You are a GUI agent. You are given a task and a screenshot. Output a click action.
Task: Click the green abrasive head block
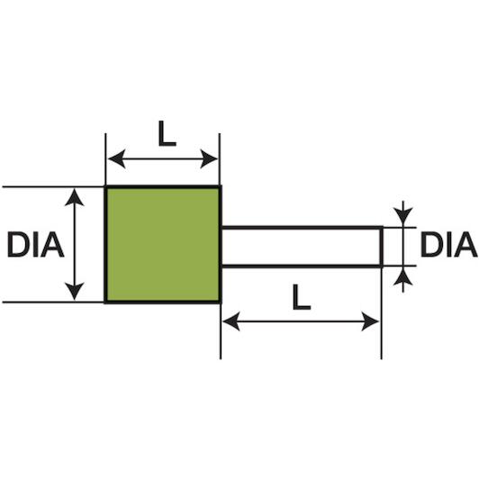[x=163, y=244]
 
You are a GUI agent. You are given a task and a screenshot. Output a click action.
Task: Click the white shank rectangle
[x=302, y=247]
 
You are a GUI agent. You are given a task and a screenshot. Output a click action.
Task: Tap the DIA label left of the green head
[x=36, y=244]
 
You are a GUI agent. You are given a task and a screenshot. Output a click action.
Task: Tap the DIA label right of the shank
[x=448, y=244]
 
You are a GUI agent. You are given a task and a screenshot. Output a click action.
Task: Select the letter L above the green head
[x=167, y=133]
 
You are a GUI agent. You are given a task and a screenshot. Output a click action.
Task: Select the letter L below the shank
[x=302, y=297]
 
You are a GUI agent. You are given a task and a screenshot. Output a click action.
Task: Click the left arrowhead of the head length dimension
[x=117, y=158]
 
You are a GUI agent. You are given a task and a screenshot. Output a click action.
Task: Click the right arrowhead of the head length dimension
[x=209, y=158]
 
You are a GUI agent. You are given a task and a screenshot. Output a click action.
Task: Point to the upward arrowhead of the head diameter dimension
[x=74, y=197]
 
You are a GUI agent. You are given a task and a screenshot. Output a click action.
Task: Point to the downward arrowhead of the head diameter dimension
[x=74, y=292]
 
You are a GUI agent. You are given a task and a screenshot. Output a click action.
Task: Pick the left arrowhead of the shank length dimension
[x=231, y=321]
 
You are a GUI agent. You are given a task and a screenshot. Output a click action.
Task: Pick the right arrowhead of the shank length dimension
[x=370, y=321]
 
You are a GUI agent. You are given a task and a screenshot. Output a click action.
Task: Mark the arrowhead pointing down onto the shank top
[x=403, y=215]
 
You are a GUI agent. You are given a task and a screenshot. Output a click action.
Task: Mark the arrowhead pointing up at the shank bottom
[x=403, y=277]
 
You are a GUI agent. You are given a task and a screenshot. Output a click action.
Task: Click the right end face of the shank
[x=382, y=247]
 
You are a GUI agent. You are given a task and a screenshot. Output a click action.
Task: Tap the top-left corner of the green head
[x=105, y=186]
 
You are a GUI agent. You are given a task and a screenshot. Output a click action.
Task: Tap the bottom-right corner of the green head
[x=221, y=303]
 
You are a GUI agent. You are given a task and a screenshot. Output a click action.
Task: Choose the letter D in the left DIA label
[x=18, y=244]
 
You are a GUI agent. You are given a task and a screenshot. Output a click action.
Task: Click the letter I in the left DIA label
[x=36, y=244]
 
